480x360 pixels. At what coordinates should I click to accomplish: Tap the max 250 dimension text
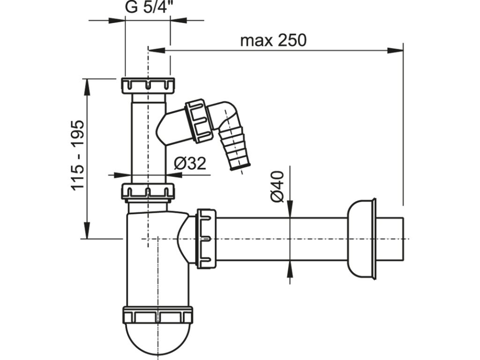(x=273, y=40)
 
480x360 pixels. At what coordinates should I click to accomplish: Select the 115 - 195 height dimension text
(x=78, y=155)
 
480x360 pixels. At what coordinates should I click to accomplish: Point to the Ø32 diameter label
(x=190, y=164)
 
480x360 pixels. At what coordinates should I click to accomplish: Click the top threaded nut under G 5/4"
(x=148, y=85)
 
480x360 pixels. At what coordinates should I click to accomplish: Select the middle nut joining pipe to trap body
(x=148, y=192)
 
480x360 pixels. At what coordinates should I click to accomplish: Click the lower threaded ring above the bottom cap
(x=157, y=315)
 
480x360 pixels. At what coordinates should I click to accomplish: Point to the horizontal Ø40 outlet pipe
(x=281, y=239)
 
